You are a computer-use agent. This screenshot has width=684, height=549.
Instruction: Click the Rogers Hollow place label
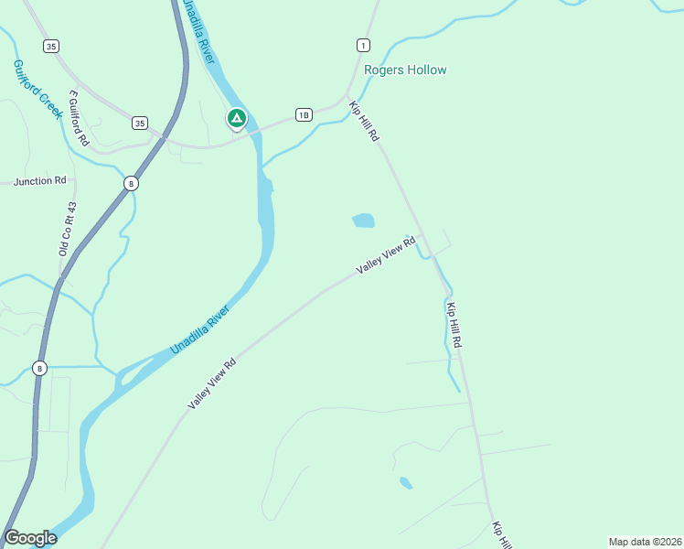[x=405, y=70]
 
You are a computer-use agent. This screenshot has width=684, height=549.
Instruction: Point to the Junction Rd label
[x=40, y=181]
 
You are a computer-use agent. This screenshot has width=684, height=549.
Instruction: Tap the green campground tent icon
[x=236, y=118]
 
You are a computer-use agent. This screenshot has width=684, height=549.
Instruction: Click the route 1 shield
[x=364, y=45]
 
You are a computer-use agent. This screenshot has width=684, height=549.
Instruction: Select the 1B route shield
[x=304, y=114]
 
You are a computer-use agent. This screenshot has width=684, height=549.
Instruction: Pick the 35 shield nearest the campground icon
[x=139, y=123]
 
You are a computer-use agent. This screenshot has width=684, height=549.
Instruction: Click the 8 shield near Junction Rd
[x=132, y=184]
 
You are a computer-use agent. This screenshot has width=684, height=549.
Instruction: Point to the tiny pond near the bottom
[x=405, y=482]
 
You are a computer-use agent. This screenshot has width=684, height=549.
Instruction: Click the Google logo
[x=31, y=537]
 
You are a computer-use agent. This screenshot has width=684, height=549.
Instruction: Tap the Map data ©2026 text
[x=644, y=541]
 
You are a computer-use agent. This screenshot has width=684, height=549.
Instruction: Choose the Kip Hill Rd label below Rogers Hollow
[x=364, y=121]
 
